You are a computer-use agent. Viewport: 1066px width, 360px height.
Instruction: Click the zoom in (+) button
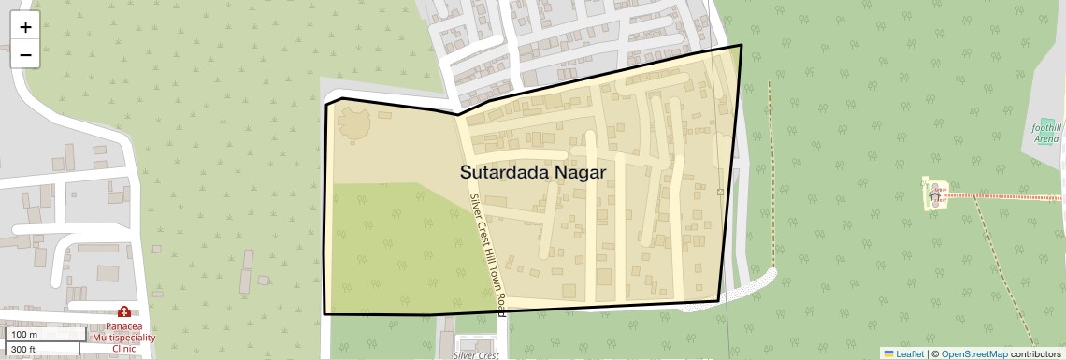point(25,27)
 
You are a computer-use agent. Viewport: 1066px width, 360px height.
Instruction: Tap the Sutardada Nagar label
point(533,173)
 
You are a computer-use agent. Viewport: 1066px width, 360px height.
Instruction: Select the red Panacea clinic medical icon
point(123,311)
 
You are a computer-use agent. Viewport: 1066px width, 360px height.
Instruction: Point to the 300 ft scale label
point(23,349)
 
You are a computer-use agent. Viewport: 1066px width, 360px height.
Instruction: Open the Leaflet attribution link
point(903,353)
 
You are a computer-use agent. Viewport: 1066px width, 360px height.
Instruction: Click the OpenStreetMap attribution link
point(973,353)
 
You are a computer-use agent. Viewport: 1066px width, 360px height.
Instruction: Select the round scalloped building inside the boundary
point(353,123)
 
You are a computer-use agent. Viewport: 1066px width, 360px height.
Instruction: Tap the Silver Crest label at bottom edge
point(476,355)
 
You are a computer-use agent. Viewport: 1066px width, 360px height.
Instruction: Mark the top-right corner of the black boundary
point(742,45)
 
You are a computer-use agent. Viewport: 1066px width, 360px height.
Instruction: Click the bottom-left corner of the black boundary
point(324,313)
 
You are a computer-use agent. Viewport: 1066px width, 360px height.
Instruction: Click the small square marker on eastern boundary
point(720,192)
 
